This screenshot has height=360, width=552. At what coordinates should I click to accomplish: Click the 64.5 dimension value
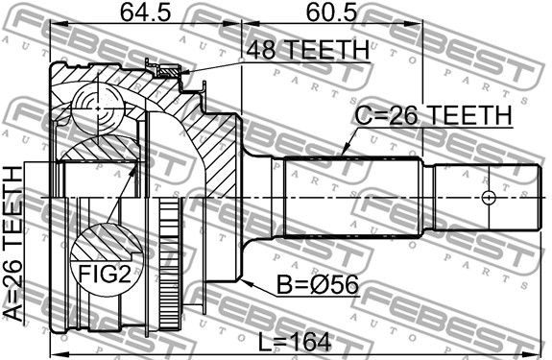click(145, 12)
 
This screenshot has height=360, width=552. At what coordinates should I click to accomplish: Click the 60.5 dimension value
click(331, 12)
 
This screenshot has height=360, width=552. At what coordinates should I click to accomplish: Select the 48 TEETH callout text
click(308, 50)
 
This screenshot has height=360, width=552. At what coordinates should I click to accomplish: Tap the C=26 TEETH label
click(433, 115)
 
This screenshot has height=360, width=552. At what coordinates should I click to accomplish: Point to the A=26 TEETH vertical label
click(12, 243)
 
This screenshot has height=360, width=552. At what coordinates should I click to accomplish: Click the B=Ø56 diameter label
click(318, 284)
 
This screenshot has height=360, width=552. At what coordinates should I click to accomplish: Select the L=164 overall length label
click(295, 342)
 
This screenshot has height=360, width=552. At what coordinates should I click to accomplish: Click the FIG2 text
click(105, 274)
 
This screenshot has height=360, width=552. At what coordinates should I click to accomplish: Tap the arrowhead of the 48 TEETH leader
click(185, 73)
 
